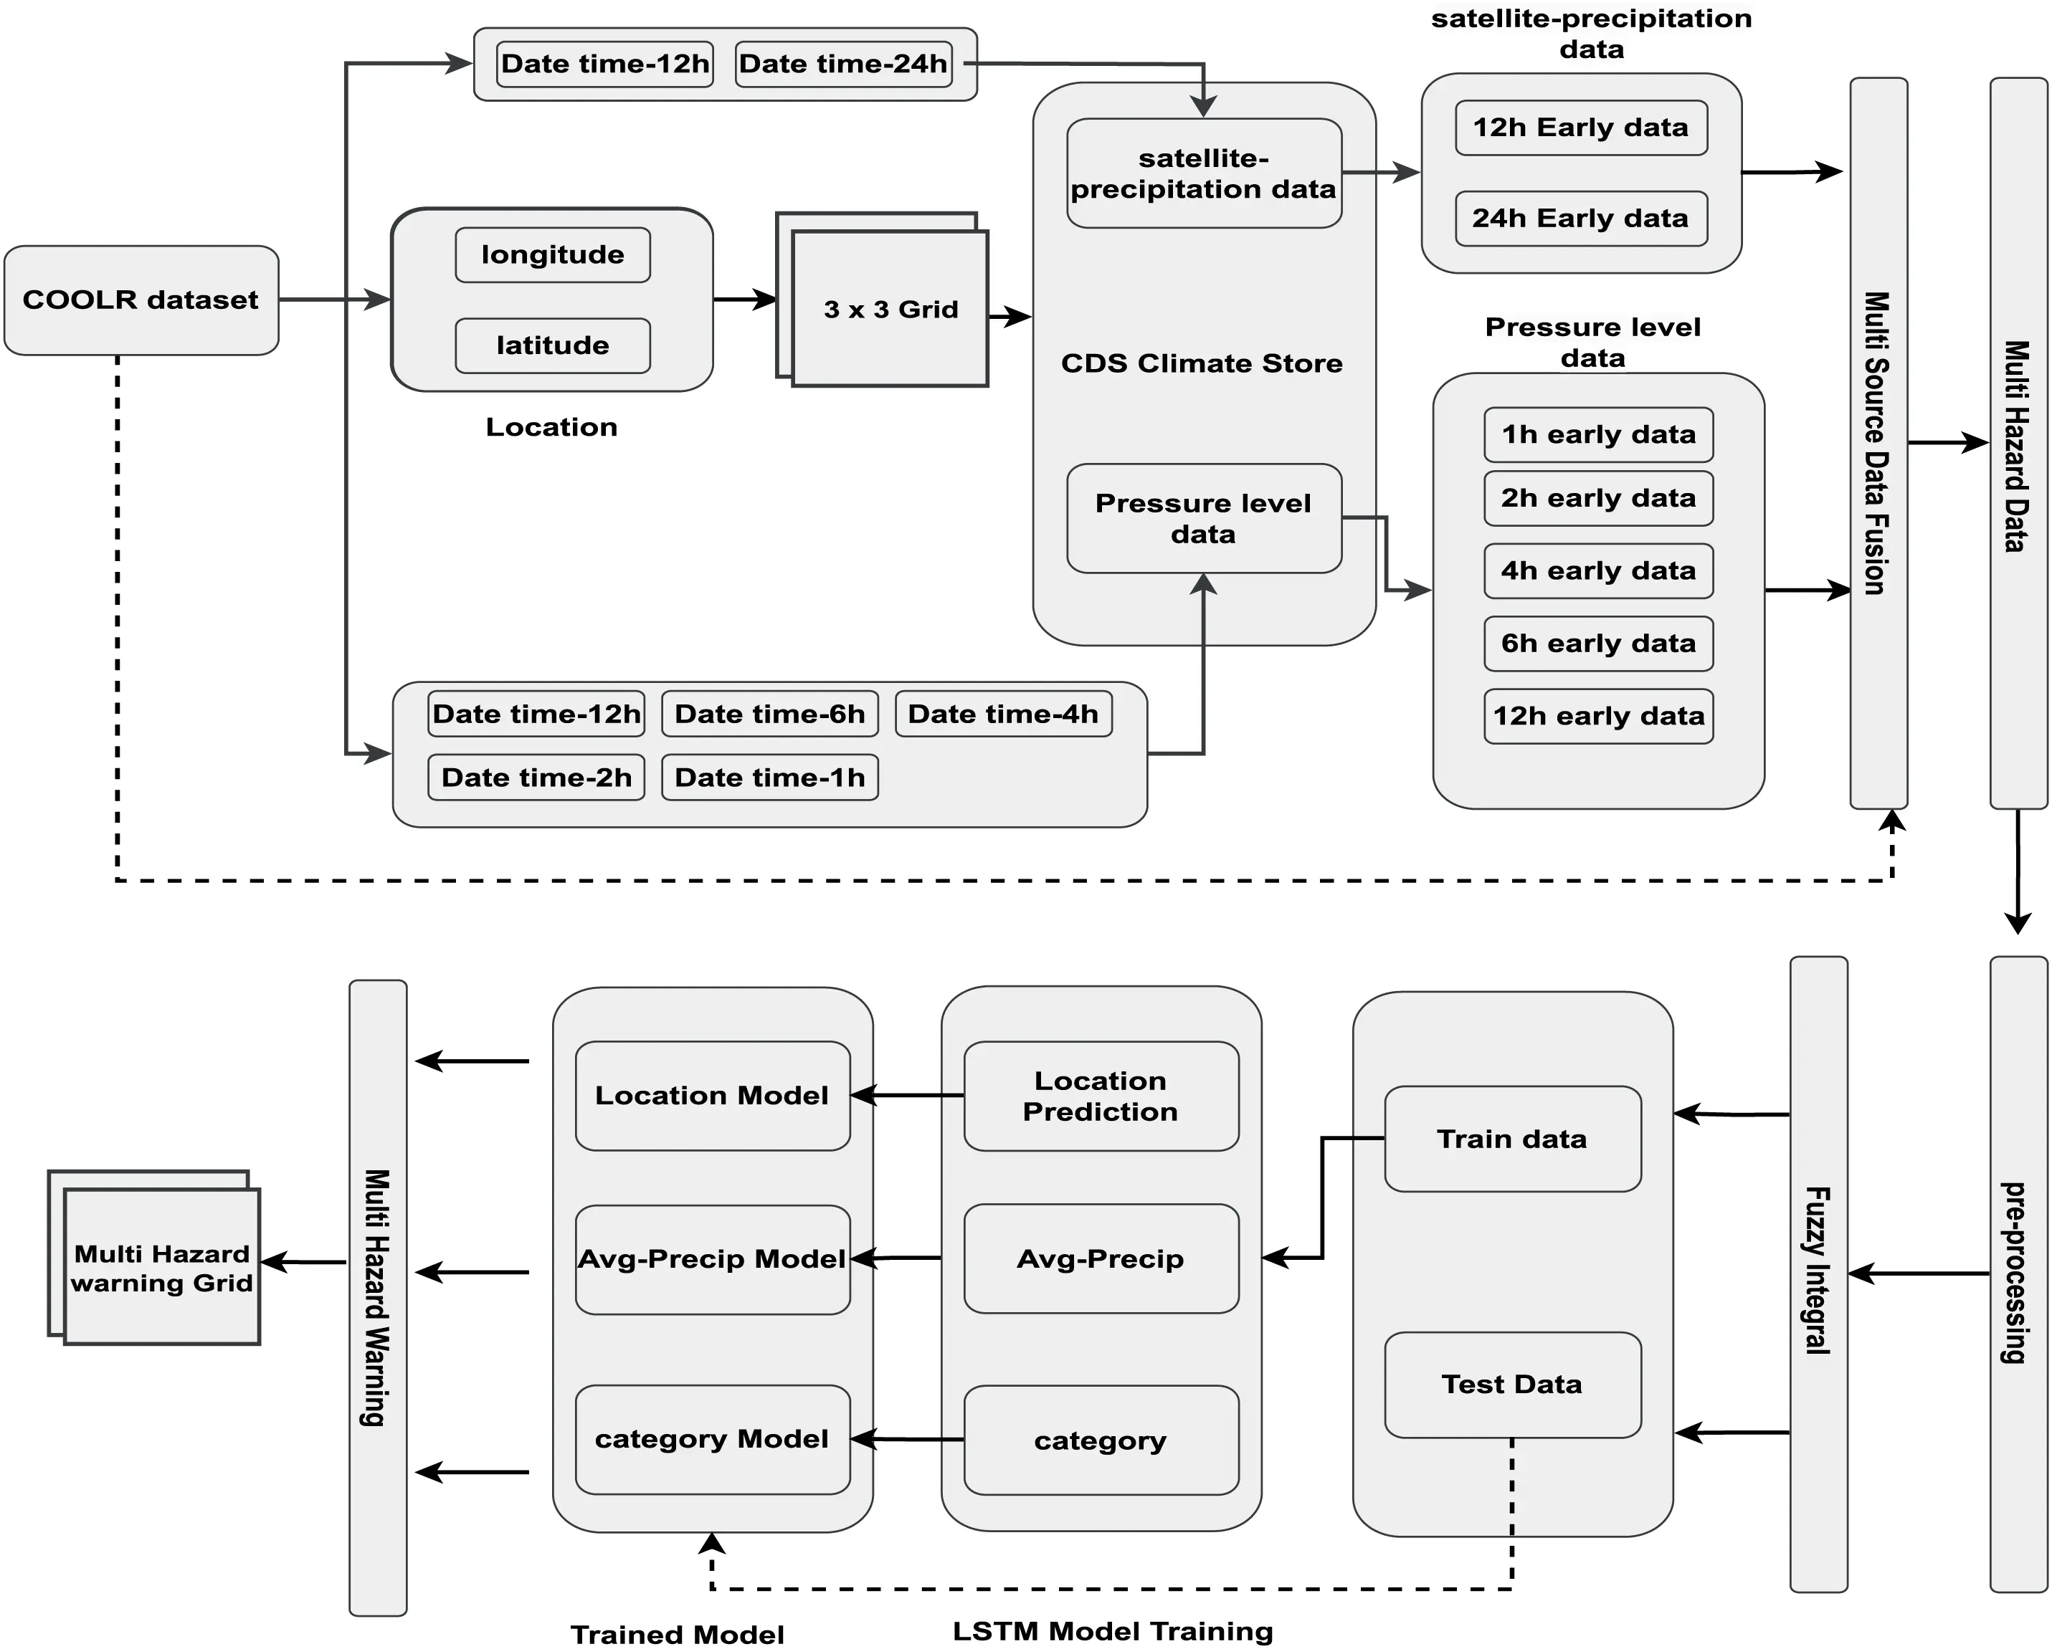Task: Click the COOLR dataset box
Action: [141, 300]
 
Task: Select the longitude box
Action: [552, 255]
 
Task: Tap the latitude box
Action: [552, 345]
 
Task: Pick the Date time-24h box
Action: [843, 64]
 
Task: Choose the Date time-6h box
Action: [769, 714]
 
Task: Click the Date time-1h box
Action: [769, 778]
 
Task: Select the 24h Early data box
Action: [1580, 218]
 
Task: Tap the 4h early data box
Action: [1598, 571]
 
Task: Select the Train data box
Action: [1511, 1139]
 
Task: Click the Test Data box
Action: [1511, 1385]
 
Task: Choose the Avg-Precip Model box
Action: [712, 1260]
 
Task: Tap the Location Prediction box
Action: [1101, 1096]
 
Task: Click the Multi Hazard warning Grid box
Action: [162, 1268]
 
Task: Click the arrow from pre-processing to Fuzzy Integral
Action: [1918, 1273]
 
